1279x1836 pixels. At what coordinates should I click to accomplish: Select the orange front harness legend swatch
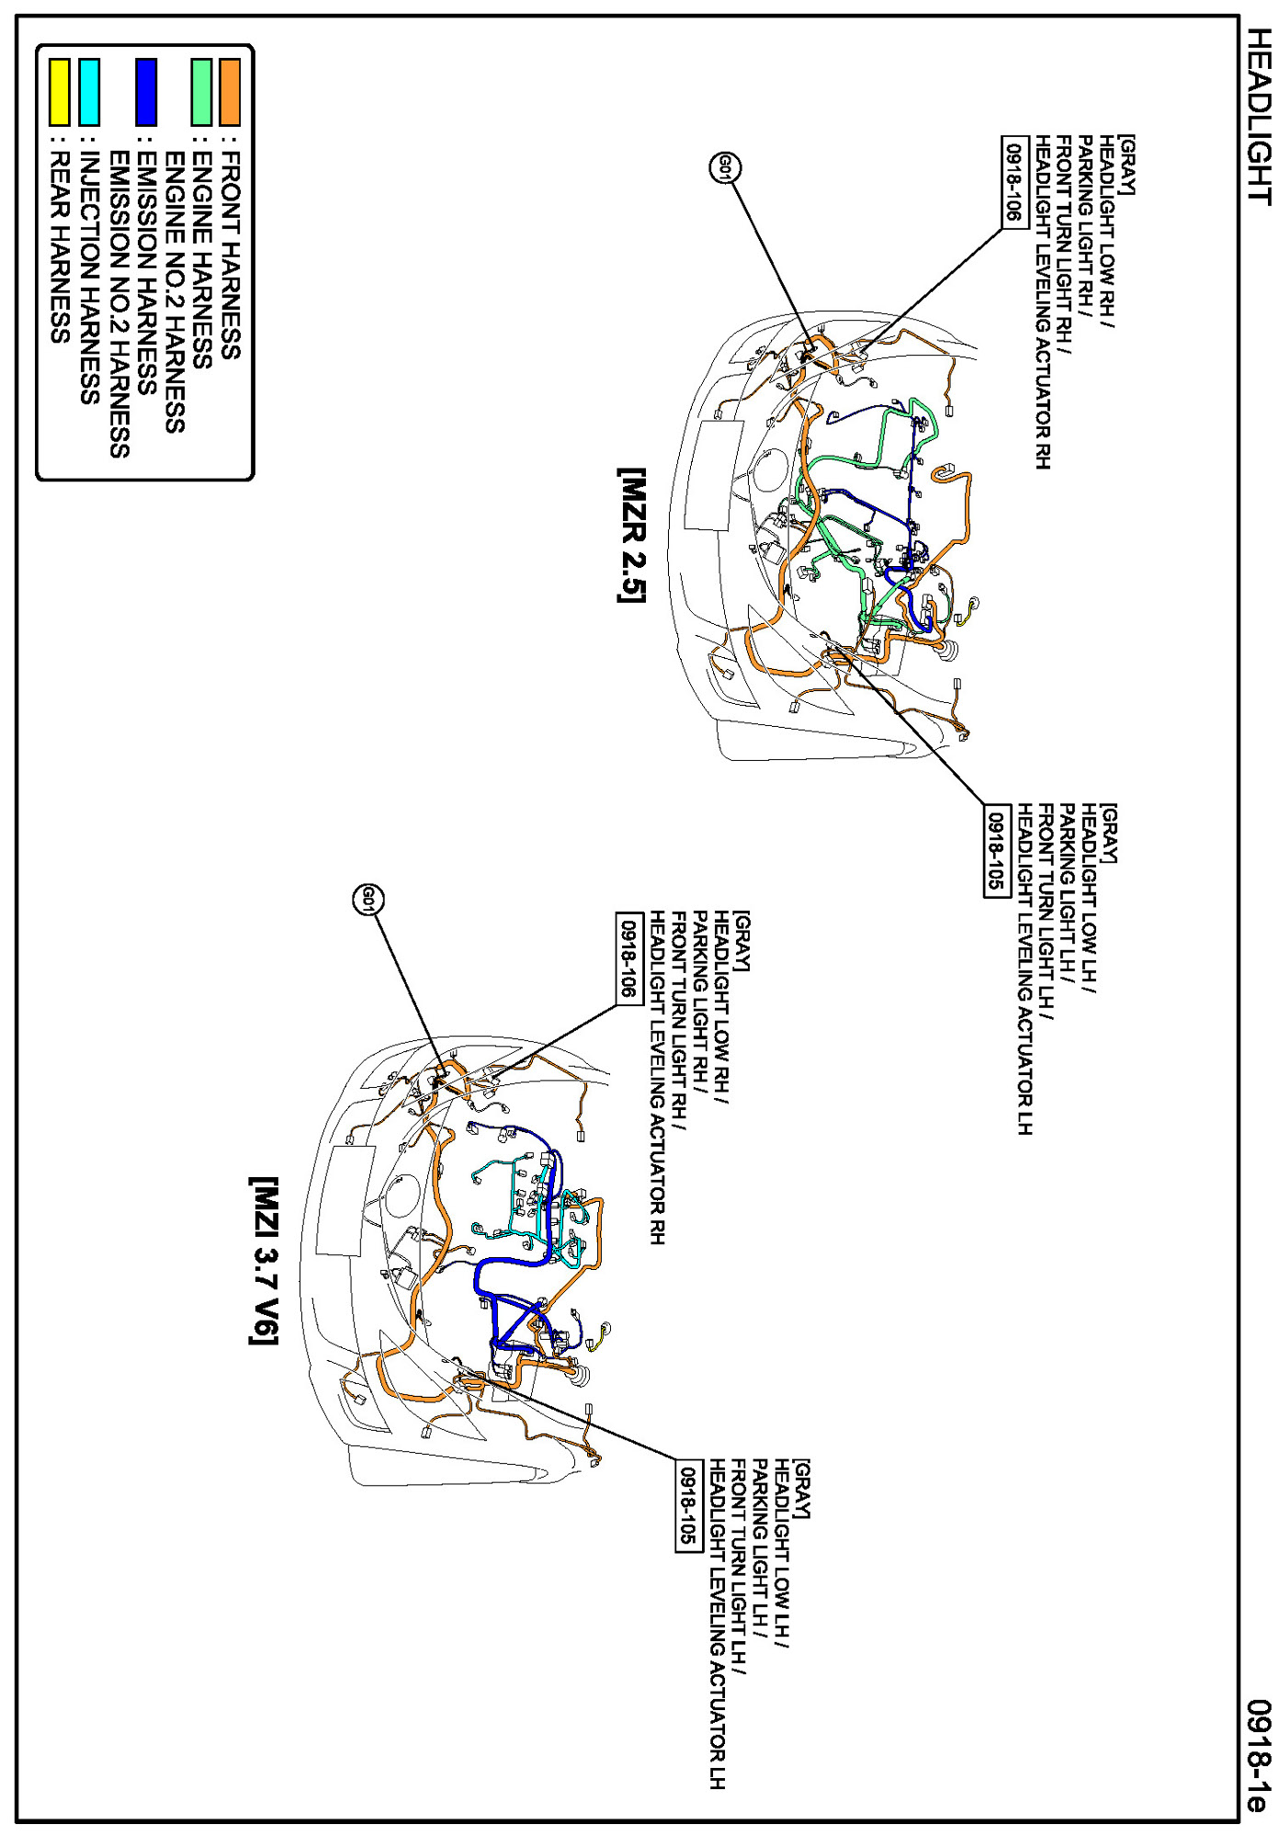click(229, 91)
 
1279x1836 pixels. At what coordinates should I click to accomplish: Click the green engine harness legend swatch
click(201, 91)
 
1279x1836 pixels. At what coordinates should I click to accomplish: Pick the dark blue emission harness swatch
click(146, 91)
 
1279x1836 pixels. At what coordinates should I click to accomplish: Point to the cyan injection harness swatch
click(89, 91)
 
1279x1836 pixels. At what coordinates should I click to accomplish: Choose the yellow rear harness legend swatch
click(60, 91)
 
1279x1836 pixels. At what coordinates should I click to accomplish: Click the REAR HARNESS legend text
click(60, 247)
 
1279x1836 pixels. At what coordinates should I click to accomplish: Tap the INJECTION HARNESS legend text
click(89, 278)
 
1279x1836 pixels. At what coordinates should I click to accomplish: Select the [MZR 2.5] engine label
click(631, 535)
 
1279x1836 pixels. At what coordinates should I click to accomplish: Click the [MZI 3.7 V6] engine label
click(264, 1261)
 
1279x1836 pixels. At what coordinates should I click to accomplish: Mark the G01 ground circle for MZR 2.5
click(725, 167)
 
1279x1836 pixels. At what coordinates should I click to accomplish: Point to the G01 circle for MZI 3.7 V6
click(368, 899)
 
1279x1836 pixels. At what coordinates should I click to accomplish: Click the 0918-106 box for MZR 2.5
click(1013, 181)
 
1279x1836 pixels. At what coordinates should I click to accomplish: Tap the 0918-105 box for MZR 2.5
click(995, 849)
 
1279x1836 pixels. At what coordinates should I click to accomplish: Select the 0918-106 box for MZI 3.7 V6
click(628, 958)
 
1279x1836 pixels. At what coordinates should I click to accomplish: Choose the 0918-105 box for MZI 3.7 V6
click(687, 1505)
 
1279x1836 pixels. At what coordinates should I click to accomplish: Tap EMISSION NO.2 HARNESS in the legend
click(119, 303)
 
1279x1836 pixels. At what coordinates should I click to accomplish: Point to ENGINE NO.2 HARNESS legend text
click(175, 292)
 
